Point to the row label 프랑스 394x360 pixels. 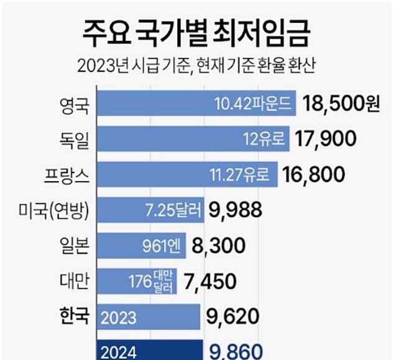pyautogui.click(x=69, y=176)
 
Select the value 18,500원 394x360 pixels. pyautogui.click(x=341, y=104)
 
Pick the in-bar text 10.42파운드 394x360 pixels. pyautogui.click(x=255, y=104)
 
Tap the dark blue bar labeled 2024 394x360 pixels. pyautogui.click(x=149, y=351)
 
